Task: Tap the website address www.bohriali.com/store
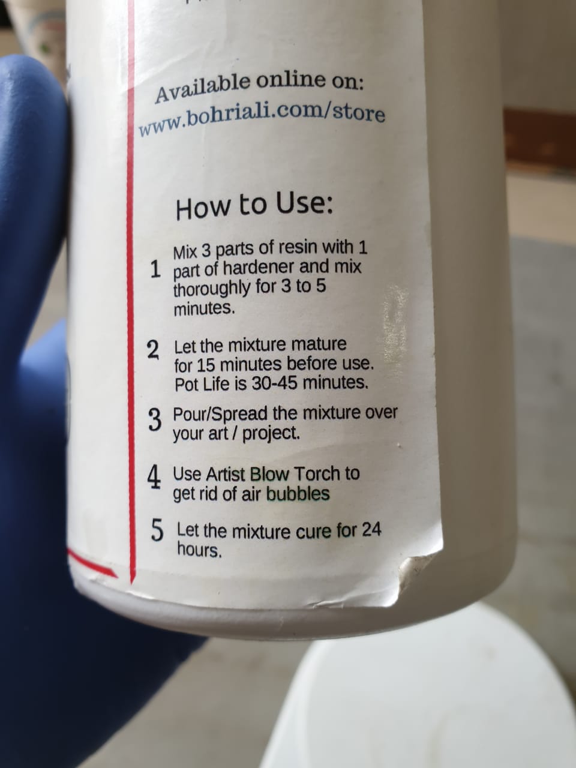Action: click(x=262, y=118)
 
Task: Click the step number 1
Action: click(x=155, y=270)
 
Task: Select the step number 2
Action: click(x=153, y=350)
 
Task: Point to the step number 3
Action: click(x=155, y=421)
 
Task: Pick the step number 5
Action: click(x=157, y=531)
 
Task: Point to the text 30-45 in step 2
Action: click(x=275, y=384)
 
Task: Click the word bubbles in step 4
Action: click(x=298, y=493)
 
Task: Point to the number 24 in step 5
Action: click(x=371, y=530)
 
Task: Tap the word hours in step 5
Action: click(x=199, y=550)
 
